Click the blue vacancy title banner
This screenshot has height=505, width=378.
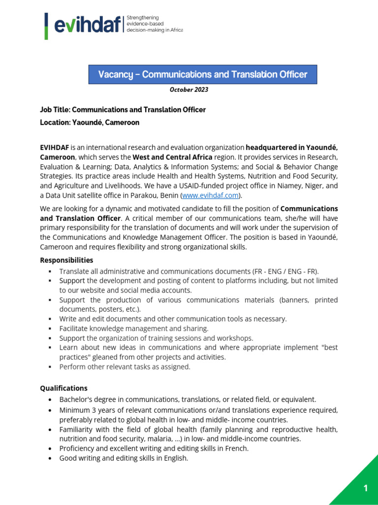coord(202,74)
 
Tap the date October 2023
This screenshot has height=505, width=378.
coord(189,90)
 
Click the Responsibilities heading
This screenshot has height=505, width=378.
coord(66,260)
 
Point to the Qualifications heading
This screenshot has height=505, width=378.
coord(63,388)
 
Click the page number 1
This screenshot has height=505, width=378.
coord(366,488)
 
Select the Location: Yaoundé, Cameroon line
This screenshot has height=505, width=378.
coord(90,122)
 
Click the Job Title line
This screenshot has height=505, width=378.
coord(123,109)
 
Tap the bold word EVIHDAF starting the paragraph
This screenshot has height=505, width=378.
coord(55,147)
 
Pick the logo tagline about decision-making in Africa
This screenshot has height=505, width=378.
coord(155,24)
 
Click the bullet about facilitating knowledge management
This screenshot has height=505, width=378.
coord(134,328)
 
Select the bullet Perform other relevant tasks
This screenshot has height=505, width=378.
coord(125,366)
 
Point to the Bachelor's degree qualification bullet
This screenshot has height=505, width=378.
coord(188,399)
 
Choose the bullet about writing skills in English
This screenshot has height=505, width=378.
coord(124,458)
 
